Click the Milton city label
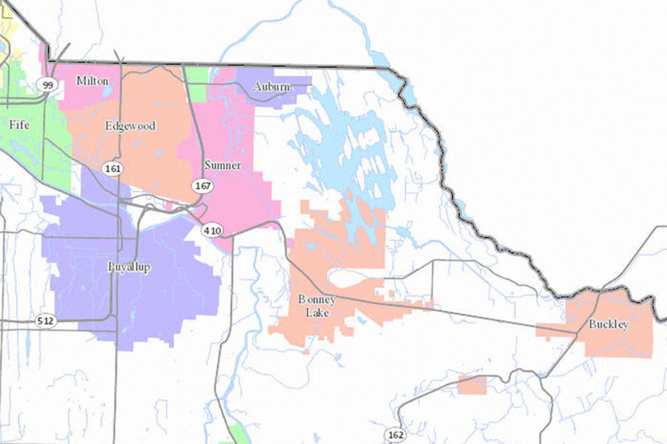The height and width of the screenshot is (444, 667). (x=92, y=81)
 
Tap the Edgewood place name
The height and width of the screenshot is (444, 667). (x=130, y=126)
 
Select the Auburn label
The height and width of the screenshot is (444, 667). (x=271, y=86)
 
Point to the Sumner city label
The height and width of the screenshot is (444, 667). (x=222, y=165)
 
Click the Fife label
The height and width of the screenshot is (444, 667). (x=20, y=124)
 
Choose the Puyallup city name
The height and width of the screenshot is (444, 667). (x=129, y=267)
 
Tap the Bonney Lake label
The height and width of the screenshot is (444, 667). (x=317, y=306)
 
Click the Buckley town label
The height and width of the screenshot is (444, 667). (x=608, y=324)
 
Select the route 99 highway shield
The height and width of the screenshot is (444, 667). (x=47, y=85)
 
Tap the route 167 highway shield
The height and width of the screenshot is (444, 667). (x=201, y=186)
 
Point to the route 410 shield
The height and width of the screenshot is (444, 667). (x=212, y=230)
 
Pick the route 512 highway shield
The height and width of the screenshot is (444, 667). (x=46, y=321)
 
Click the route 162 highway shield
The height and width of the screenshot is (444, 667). (x=394, y=434)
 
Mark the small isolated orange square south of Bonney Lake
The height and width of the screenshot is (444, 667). (x=472, y=385)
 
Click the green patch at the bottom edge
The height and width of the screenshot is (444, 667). (x=239, y=434)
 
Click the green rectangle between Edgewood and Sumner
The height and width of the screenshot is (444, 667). (x=198, y=85)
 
